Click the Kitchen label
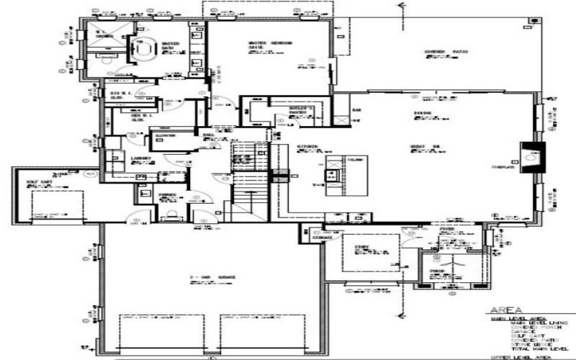coord(307,147)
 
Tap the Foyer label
coord(446,230)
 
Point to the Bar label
coord(356,110)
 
